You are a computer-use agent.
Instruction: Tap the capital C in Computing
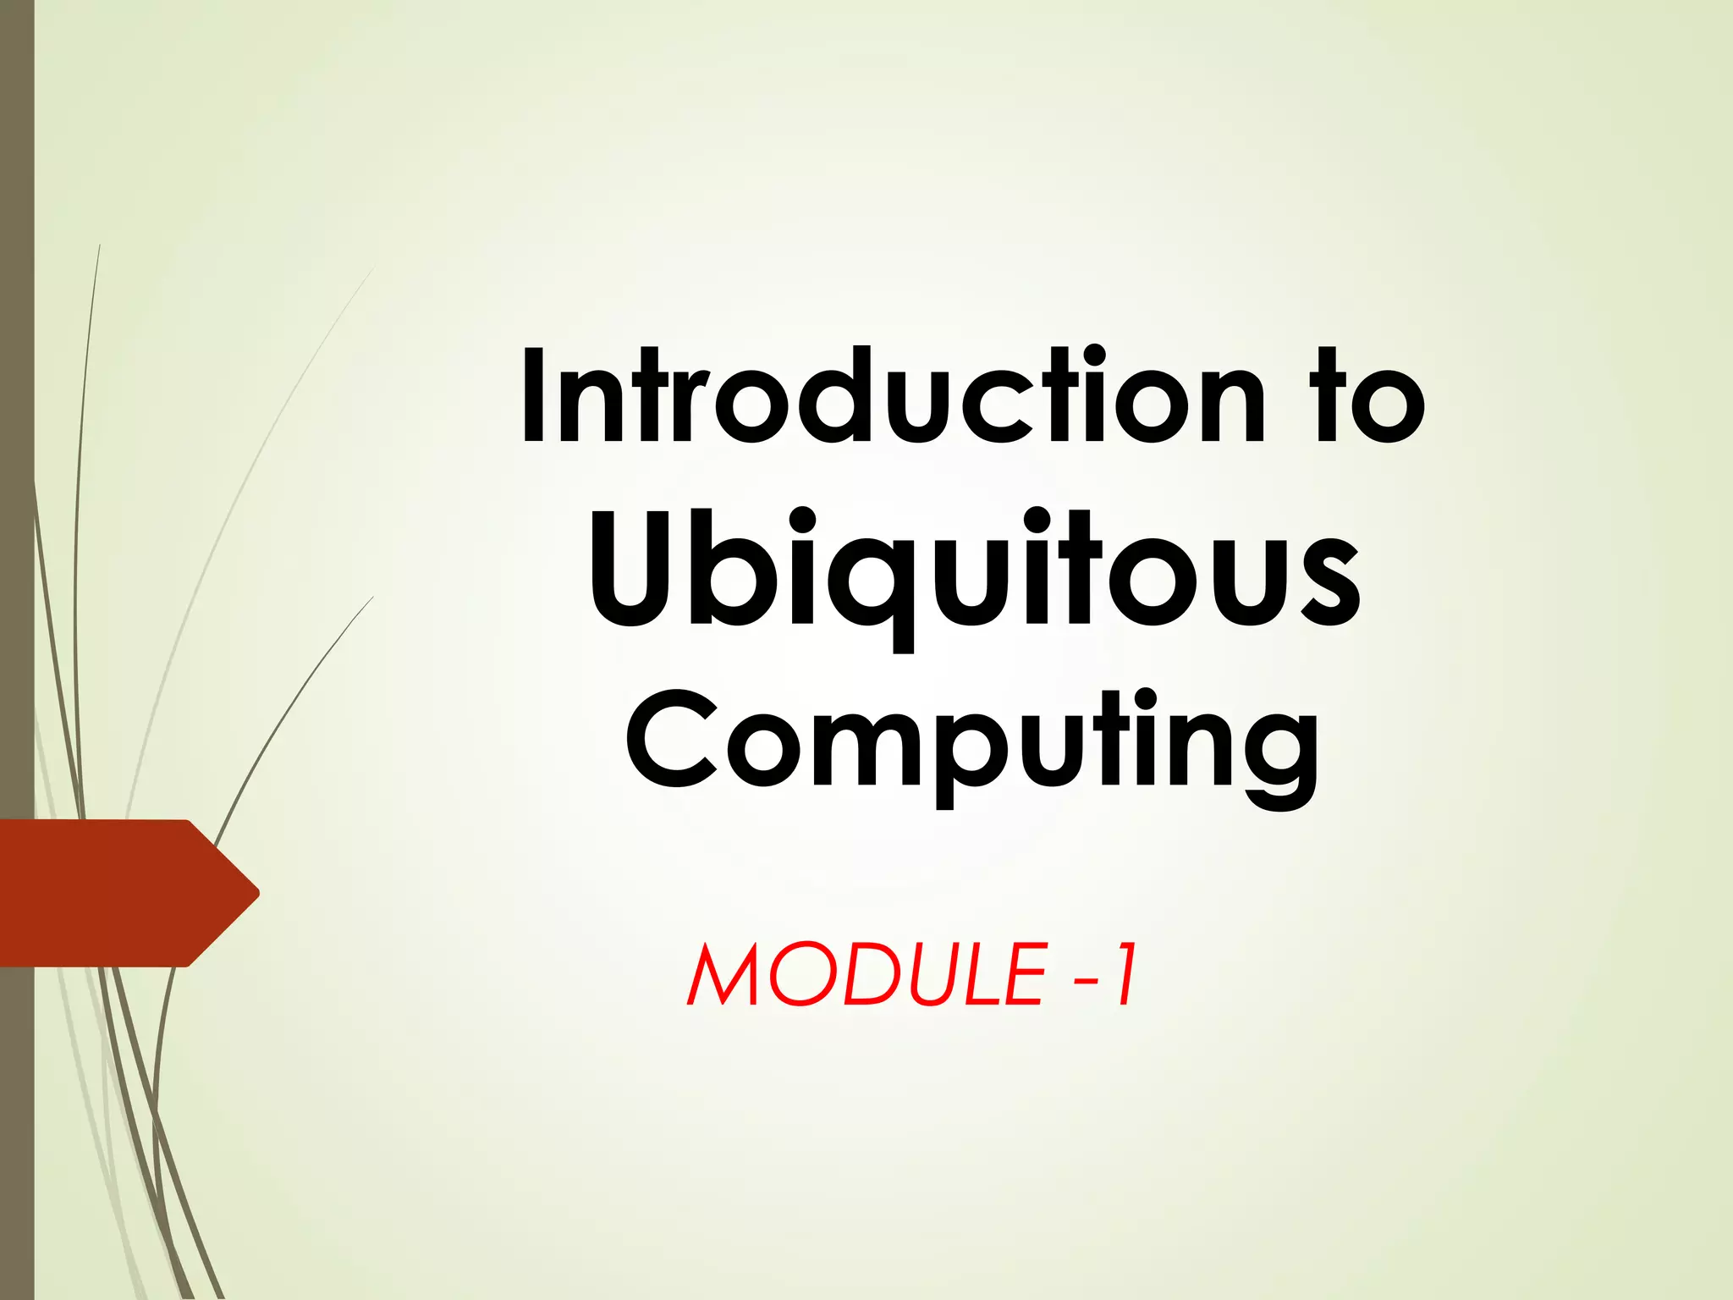point(673,738)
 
